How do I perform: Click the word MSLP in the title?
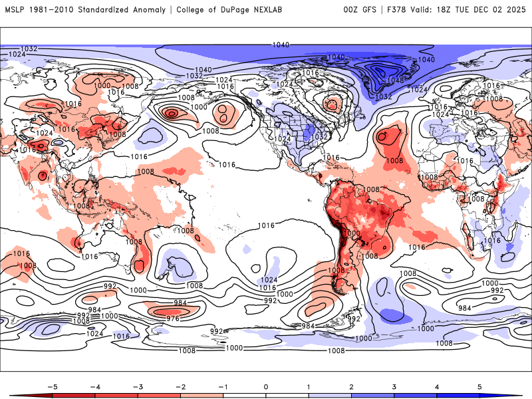(x=15, y=9)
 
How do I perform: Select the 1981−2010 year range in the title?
(x=53, y=9)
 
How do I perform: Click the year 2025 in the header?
(x=515, y=9)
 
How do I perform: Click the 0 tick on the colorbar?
(x=266, y=386)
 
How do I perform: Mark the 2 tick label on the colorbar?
(x=352, y=386)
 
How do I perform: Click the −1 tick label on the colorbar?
(x=223, y=386)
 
